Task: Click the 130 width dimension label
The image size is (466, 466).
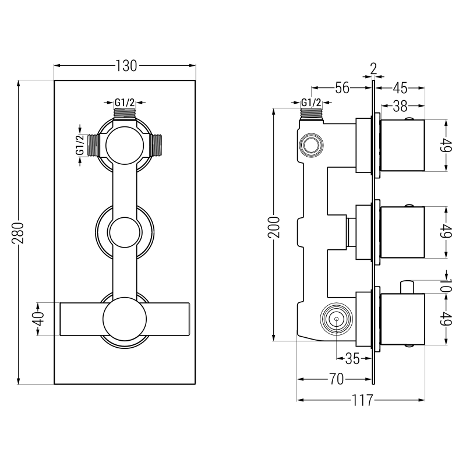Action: coord(126,66)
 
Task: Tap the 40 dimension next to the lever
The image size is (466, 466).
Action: coord(38,319)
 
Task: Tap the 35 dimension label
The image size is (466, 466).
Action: coord(352,359)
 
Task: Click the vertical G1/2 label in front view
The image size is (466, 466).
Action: coord(80,146)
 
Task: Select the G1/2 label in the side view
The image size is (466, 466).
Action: coord(310,103)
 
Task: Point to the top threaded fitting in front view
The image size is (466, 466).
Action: coord(125,112)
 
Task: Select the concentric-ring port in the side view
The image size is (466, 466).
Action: coord(336,319)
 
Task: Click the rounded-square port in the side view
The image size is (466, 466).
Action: coord(310,144)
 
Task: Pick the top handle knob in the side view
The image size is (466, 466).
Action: coord(403,146)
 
